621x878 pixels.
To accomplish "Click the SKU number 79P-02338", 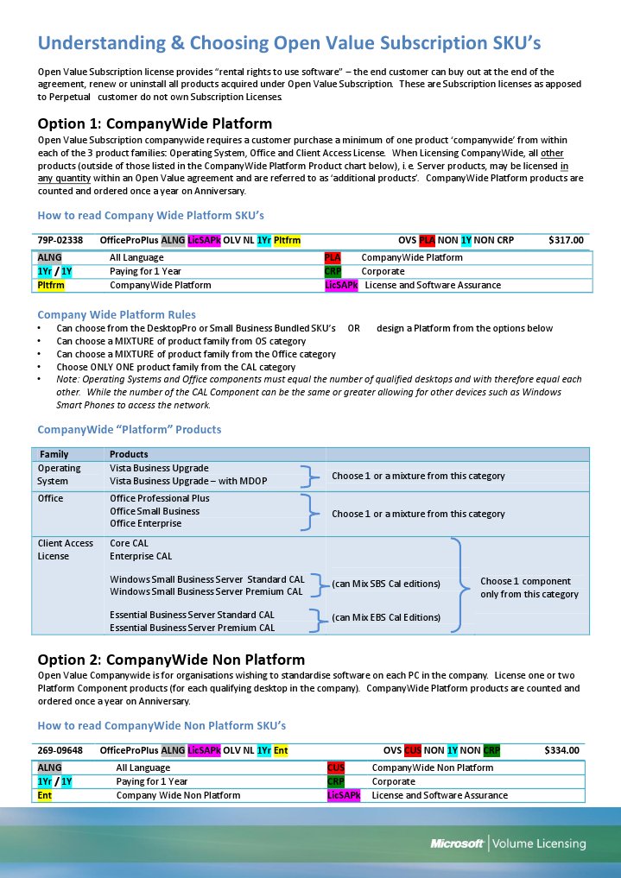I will [60, 240].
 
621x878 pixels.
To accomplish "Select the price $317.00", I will [566, 240].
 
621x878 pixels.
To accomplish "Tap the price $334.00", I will [561, 750].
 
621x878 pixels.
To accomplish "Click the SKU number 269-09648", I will [60, 750].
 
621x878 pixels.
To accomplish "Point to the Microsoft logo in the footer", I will [457, 843].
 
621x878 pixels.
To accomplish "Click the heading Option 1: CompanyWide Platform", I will [155, 123].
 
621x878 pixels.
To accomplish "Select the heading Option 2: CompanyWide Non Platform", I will [171, 660].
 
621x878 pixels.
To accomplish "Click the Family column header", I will [54, 454].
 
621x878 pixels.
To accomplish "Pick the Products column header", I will [129, 454].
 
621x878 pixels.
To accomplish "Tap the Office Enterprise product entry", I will [146, 524].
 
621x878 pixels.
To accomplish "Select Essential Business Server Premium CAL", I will [193, 628].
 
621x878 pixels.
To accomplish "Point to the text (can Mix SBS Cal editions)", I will [386, 584].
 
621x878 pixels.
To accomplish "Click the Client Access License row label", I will [66, 550].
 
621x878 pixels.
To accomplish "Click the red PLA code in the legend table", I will [333, 257].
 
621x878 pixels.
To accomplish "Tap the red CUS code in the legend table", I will [336, 767].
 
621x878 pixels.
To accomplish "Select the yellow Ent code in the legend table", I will [44, 795].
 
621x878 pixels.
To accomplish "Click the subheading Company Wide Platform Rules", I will [117, 314].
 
